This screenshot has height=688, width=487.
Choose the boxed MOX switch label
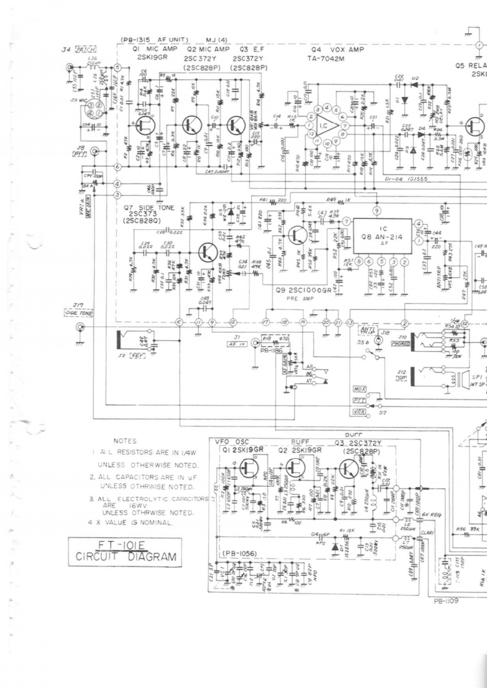pos(359,390)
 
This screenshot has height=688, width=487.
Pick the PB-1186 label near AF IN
pos(264,353)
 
